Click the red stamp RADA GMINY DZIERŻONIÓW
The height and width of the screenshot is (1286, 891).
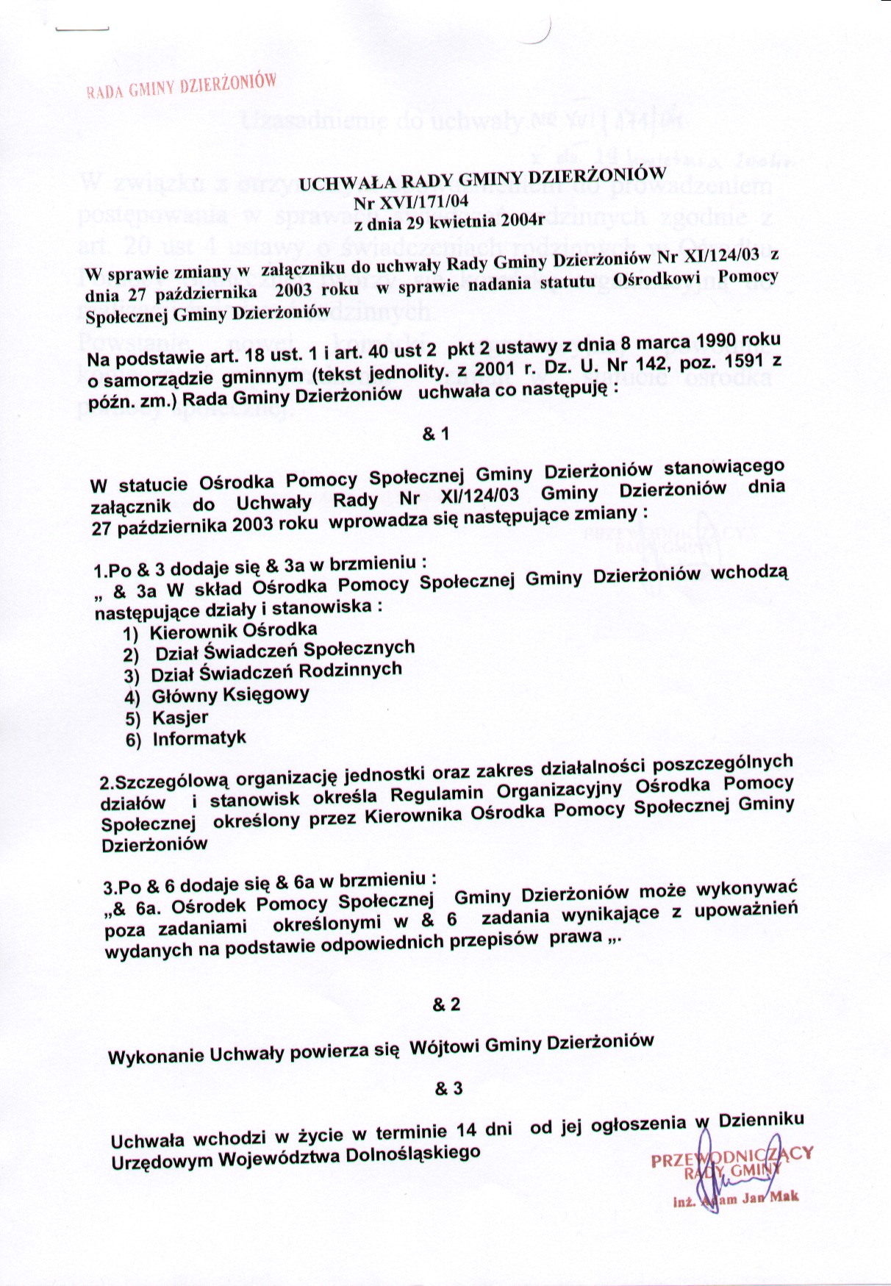(x=181, y=85)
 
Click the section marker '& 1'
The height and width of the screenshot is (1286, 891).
(x=436, y=435)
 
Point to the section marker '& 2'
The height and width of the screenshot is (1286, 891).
(x=447, y=1004)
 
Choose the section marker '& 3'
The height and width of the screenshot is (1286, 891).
(x=448, y=1088)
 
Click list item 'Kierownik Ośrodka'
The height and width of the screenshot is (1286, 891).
(x=233, y=631)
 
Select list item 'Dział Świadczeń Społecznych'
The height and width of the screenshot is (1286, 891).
(x=285, y=650)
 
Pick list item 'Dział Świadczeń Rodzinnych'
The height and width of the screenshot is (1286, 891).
(x=276, y=672)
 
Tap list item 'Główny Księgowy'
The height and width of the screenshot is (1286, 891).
(x=230, y=695)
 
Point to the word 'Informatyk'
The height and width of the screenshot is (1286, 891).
(x=199, y=738)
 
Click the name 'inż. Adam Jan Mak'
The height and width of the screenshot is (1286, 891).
(x=735, y=1200)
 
